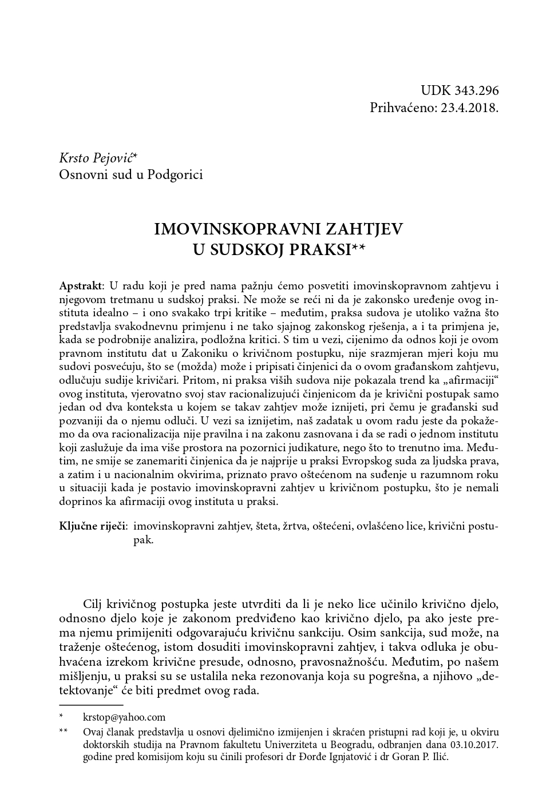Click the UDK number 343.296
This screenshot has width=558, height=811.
(477, 91)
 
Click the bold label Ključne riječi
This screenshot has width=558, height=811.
(93, 527)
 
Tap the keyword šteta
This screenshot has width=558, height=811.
(264, 527)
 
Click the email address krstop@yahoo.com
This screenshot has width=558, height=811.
(124, 717)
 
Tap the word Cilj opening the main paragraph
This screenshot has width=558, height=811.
(94, 605)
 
